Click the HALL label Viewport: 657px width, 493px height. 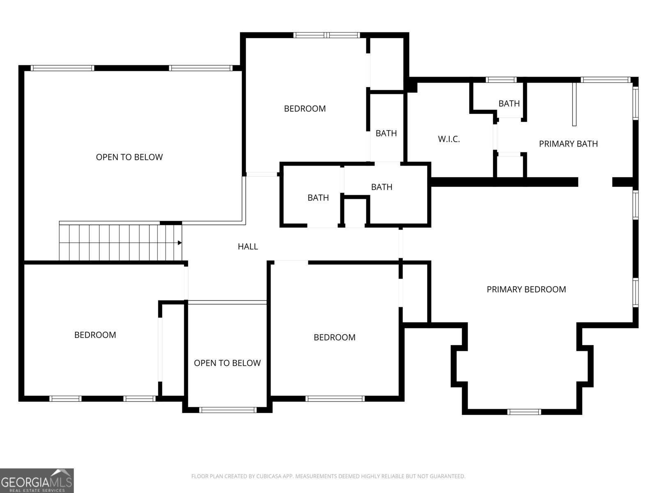click(x=248, y=246)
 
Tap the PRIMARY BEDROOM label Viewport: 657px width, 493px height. click(x=526, y=289)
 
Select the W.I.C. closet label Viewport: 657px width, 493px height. click(x=449, y=139)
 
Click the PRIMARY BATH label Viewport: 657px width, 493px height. click(x=568, y=144)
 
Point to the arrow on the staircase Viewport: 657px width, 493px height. click(x=179, y=243)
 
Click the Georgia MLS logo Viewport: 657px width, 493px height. click(x=37, y=480)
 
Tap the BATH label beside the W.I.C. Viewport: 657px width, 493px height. click(x=509, y=104)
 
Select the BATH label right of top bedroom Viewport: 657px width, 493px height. click(x=386, y=133)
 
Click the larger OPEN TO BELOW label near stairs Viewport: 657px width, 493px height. click(x=129, y=157)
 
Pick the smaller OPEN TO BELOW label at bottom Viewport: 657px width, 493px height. click(x=227, y=363)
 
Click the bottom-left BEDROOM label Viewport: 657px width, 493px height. click(x=95, y=335)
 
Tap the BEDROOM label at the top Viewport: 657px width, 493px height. click(x=305, y=108)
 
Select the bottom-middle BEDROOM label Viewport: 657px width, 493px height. click(x=334, y=337)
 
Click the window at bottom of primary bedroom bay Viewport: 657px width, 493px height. click(x=524, y=412)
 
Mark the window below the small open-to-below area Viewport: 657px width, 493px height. click(x=227, y=410)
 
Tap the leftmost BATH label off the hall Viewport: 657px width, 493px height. click(x=318, y=198)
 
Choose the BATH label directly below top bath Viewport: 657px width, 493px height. click(x=381, y=187)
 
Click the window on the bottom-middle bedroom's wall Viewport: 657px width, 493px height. click(x=335, y=398)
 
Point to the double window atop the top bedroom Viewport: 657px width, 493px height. click(x=327, y=35)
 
